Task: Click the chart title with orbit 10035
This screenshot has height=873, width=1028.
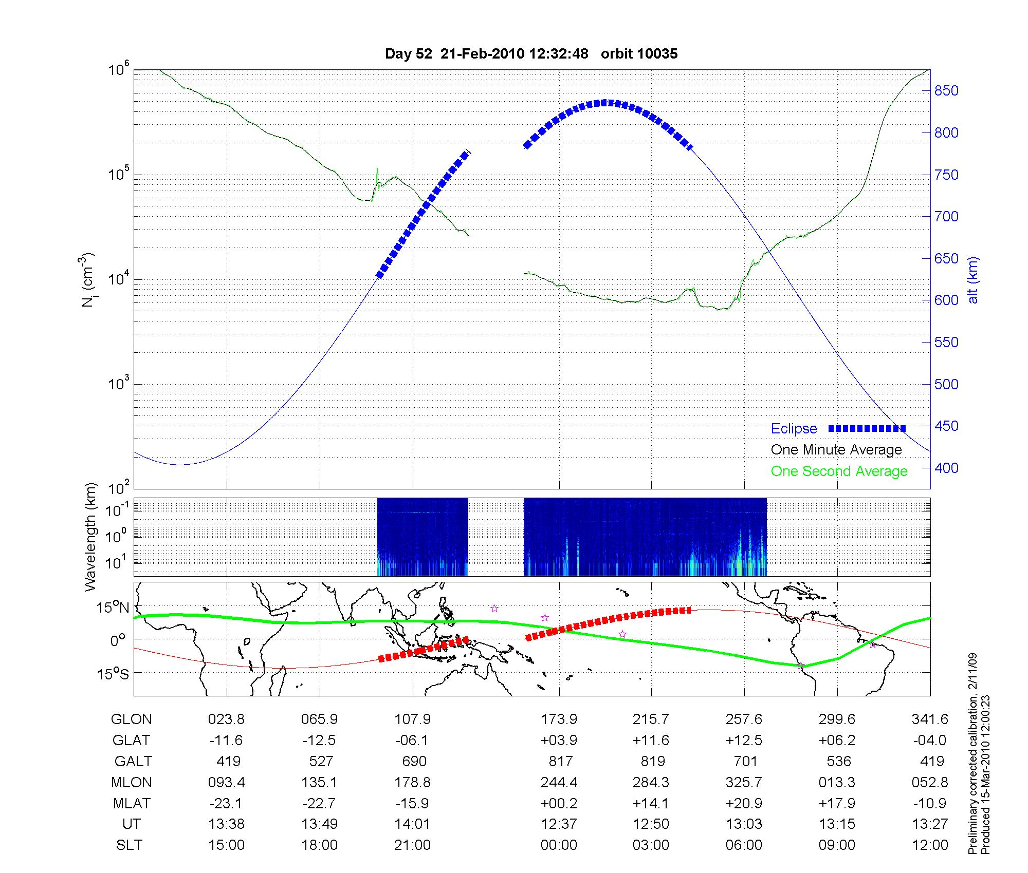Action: point(531,53)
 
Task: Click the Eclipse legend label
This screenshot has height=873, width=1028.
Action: point(794,428)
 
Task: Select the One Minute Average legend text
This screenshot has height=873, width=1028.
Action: point(836,450)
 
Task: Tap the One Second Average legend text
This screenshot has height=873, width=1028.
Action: point(839,471)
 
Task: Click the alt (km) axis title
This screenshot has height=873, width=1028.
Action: point(973,280)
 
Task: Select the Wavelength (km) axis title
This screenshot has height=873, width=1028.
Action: point(90,537)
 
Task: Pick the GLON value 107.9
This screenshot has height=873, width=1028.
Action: point(412,719)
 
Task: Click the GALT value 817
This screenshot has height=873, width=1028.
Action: point(560,761)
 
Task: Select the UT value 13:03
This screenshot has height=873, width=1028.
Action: point(744,824)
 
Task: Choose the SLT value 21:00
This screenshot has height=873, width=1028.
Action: point(412,845)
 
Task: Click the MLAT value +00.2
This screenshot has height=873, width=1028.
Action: point(559,803)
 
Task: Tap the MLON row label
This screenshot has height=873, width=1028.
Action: point(132,782)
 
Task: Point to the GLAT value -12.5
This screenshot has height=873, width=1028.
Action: point(319,741)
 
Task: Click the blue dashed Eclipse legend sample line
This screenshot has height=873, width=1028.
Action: point(867,428)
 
